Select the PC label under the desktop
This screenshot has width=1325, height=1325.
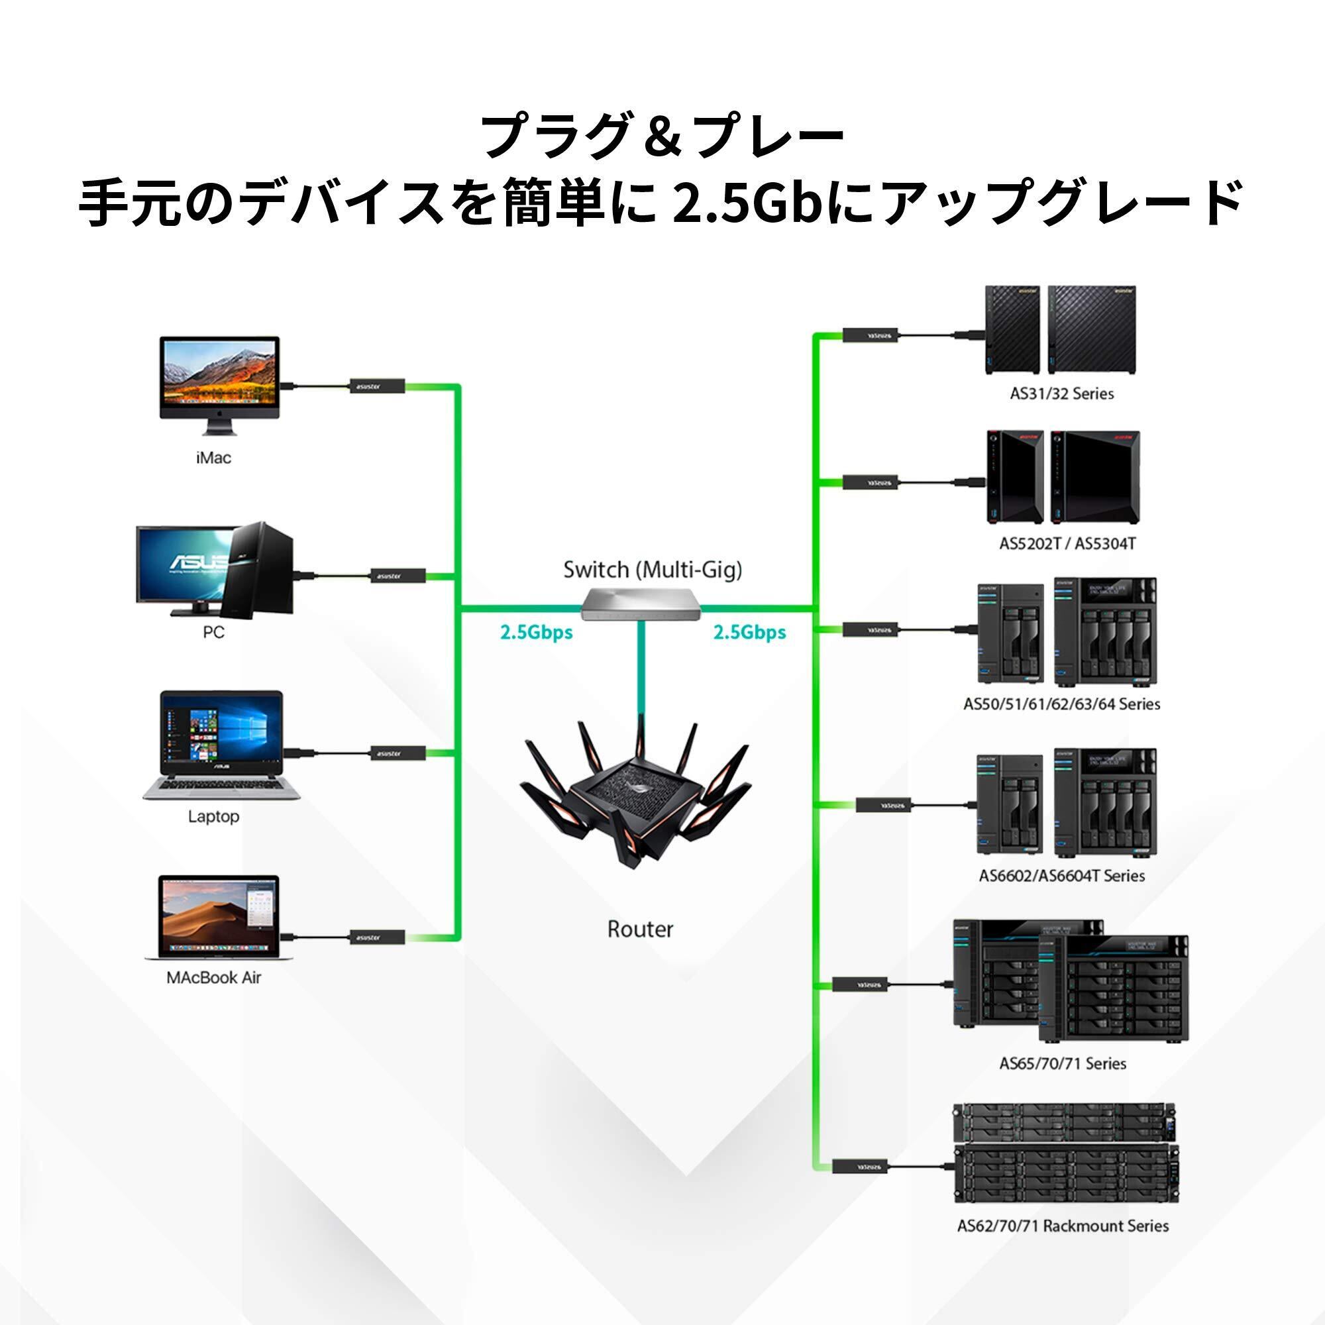click(213, 631)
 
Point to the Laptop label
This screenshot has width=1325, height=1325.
click(213, 816)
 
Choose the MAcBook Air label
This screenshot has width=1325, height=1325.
click(213, 977)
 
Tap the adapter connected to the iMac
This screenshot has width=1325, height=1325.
click(376, 386)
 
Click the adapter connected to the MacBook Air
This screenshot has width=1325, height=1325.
click(376, 937)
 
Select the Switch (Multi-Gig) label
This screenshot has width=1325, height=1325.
click(652, 570)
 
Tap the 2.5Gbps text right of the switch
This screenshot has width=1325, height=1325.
click(749, 632)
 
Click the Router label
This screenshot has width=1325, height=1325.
click(640, 930)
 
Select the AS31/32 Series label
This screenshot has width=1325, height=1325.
click(1061, 394)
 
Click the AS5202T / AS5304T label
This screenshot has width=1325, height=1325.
click(1067, 545)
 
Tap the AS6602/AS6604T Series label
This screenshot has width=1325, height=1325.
click(1061, 876)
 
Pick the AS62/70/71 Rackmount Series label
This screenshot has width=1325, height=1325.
click(1063, 1226)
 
